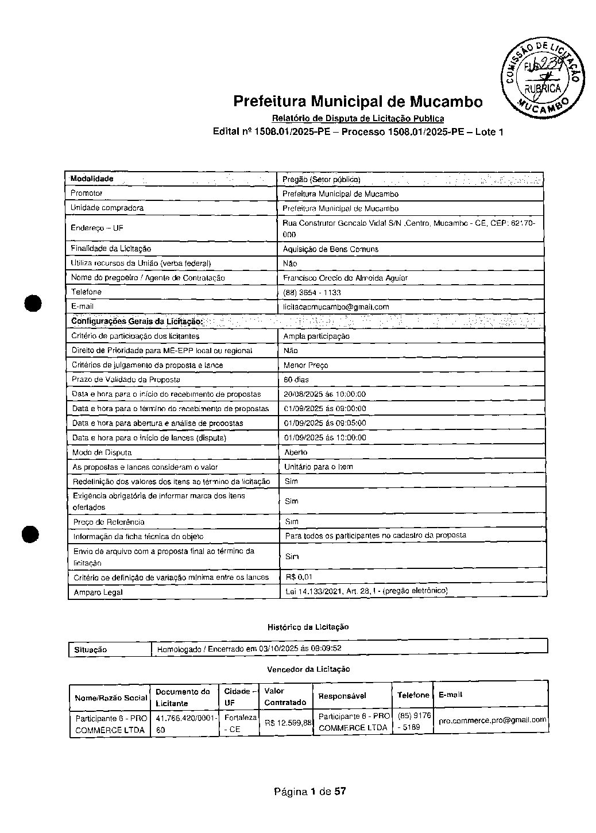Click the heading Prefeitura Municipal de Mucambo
click(x=358, y=102)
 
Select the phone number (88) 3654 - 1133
click(x=312, y=292)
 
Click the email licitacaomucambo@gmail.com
click(x=336, y=307)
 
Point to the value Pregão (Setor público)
click(x=321, y=180)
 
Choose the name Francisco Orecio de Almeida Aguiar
click(x=346, y=278)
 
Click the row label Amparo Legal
click(x=97, y=592)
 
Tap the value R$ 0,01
click(x=299, y=577)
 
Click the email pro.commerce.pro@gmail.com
click(x=492, y=720)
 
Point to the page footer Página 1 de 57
click(x=309, y=792)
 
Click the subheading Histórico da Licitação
click(x=308, y=627)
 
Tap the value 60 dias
click(x=296, y=379)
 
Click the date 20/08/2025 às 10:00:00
click(x=325, y=394)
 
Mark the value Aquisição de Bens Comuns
click(x=330, y=249)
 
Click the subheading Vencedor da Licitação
click(x=308, y=669)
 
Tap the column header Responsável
click(x=342, y=696)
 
